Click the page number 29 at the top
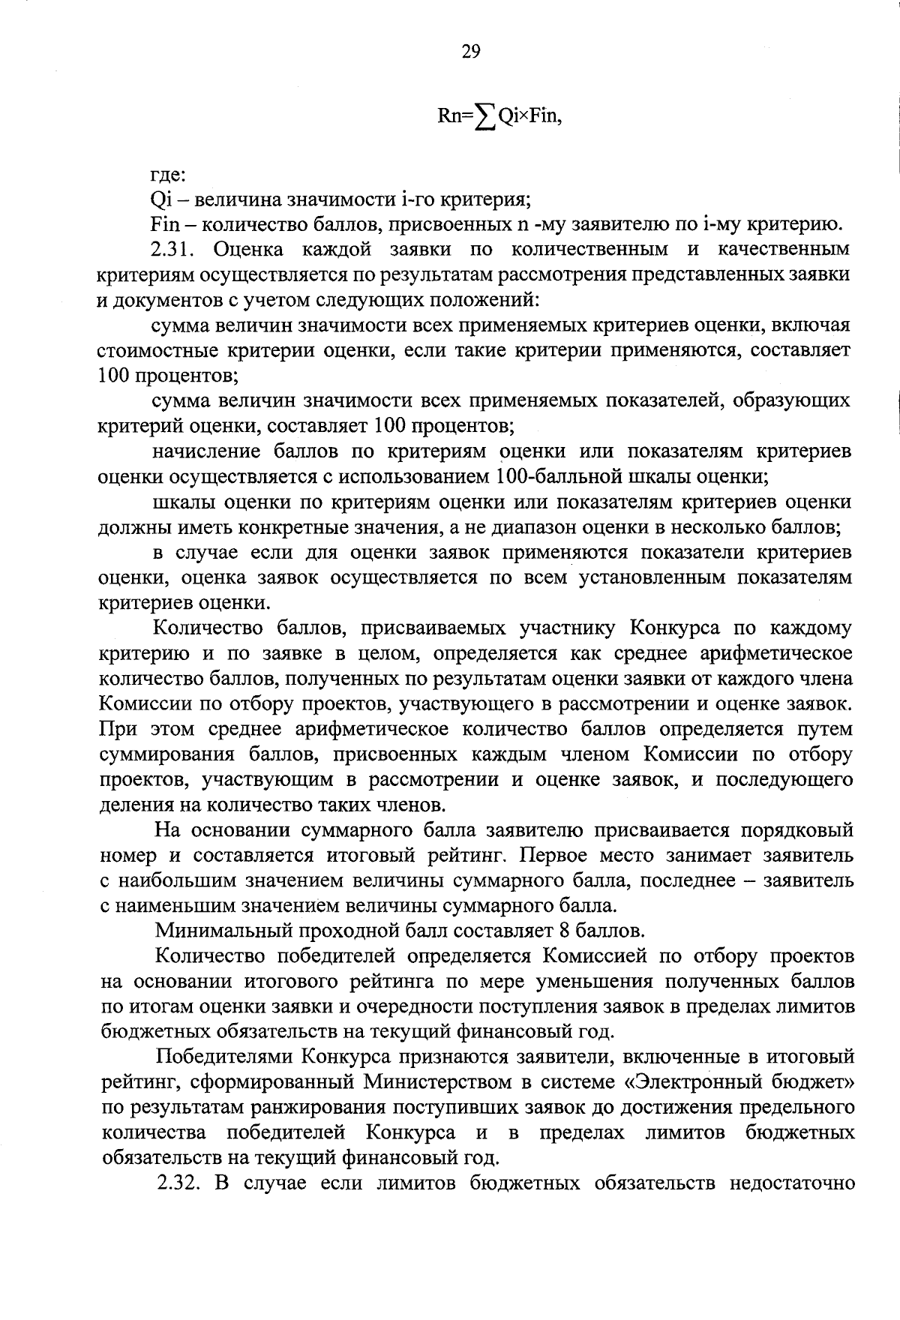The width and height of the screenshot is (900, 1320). pos(470,51)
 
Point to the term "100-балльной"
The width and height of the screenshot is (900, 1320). pos(564,476)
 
